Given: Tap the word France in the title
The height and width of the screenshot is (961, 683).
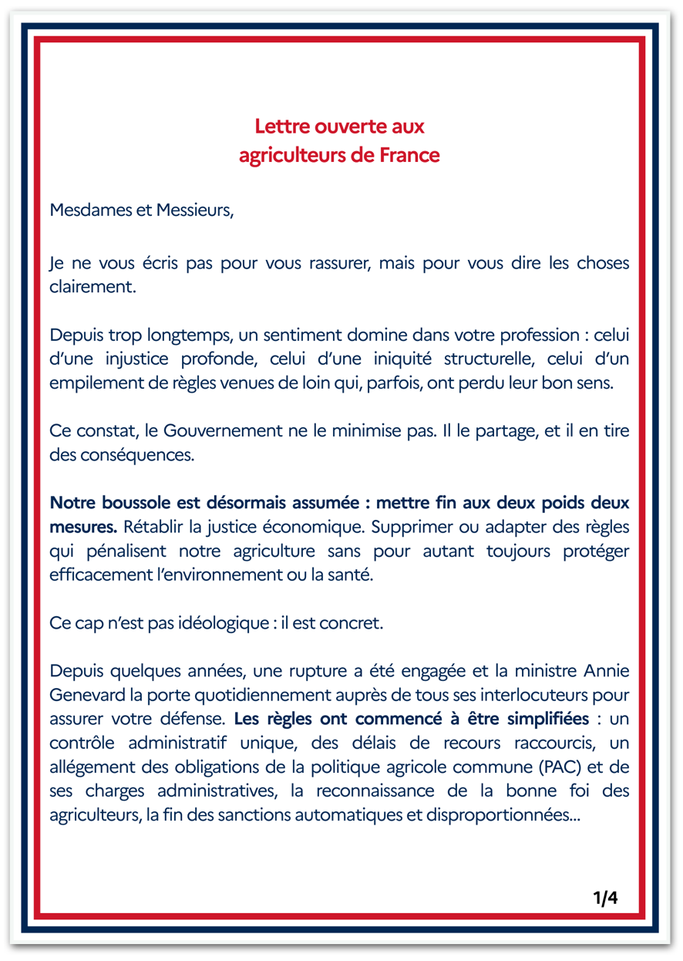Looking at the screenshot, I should pyautogui.click(x=410, y=155).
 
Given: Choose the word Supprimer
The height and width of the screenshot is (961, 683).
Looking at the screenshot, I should pyautogui.click(x=459, y=527).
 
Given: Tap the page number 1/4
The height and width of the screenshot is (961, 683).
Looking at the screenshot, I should pyautogui.click(x=605, y=898).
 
